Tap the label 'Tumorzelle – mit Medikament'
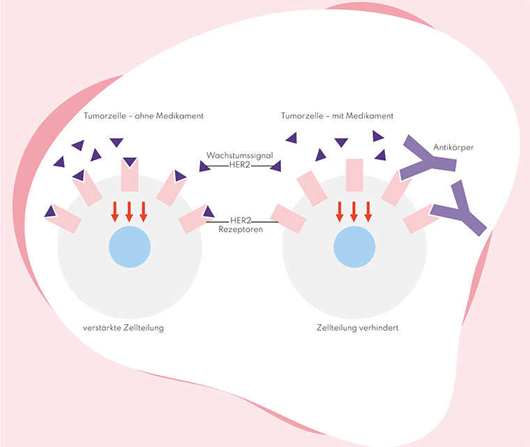[338, 115]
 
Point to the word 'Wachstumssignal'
[238, 155]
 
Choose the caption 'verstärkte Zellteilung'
[123, 328]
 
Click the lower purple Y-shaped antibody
[460, 210]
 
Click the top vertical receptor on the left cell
[130, 175]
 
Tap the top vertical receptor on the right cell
[354, 175]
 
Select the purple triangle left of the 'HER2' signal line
[204, 166]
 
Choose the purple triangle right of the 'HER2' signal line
[275, 166]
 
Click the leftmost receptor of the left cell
[64, 217]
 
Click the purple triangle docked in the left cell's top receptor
[130, 163]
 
